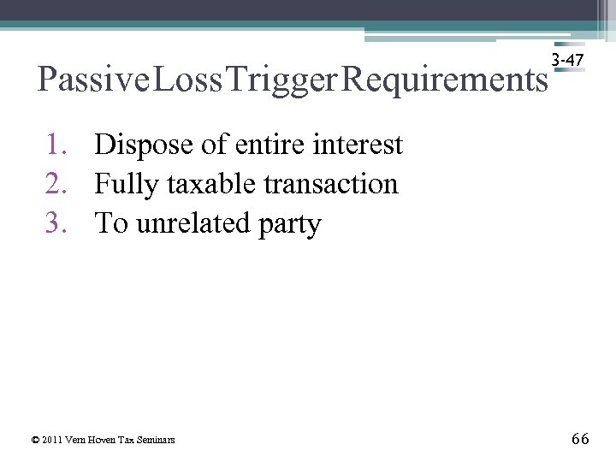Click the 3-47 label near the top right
click(569, 60)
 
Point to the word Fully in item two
click(125, 185)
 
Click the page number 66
click(579, 439)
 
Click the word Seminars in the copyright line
click(159, 440)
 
